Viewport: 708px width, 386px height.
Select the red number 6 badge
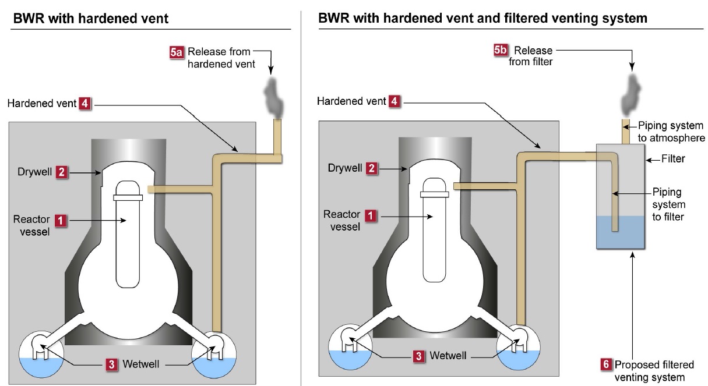[x=607, y=365]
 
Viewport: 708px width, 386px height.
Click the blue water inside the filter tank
[x=619, y=233]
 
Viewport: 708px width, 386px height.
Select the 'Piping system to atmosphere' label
[x=671, y=132]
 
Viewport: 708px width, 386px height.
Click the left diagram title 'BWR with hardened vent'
[x=90, y=19]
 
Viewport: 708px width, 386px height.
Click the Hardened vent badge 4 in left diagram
[x=84, y=104]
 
